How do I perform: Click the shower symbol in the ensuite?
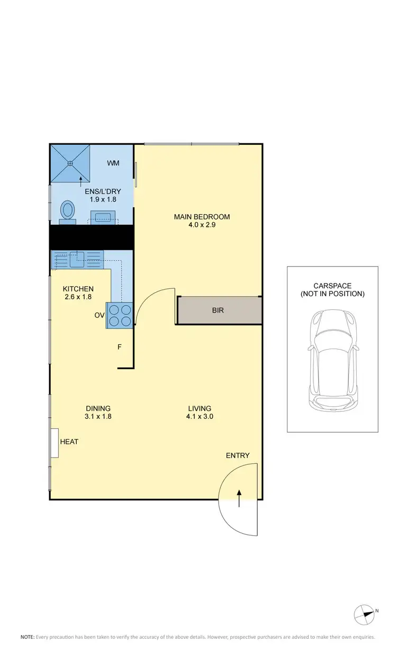click(70, 163)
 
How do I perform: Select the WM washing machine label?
click(113, 163)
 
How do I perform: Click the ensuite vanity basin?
click(102, 217)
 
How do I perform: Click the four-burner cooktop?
click(120, 315)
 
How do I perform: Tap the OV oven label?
click(99, 316)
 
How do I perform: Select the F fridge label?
click(120, 347)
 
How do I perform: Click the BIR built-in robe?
click(218, 310)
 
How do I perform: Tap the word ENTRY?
click(238, 455)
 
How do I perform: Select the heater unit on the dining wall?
click(54, 443)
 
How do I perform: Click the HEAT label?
click(69, 442)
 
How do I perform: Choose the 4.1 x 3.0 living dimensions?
click(200, 416)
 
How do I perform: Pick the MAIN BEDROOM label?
click(202, 216)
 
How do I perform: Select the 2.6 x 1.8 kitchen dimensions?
click(78, 297)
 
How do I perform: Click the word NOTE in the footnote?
click(28, 637)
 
